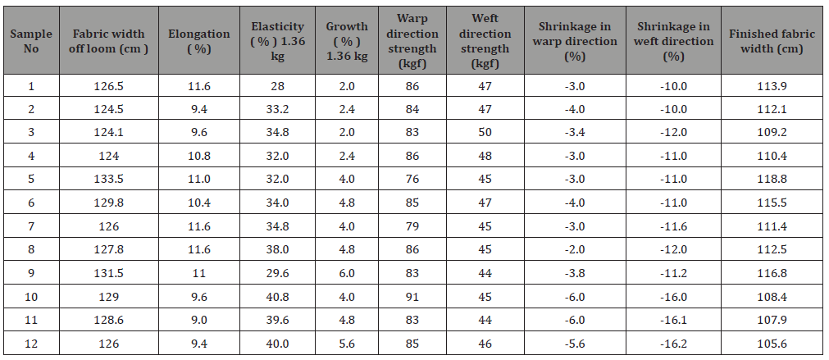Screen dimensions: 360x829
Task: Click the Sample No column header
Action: tap(31, 41)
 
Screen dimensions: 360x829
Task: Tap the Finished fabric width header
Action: tap(772, 41)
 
